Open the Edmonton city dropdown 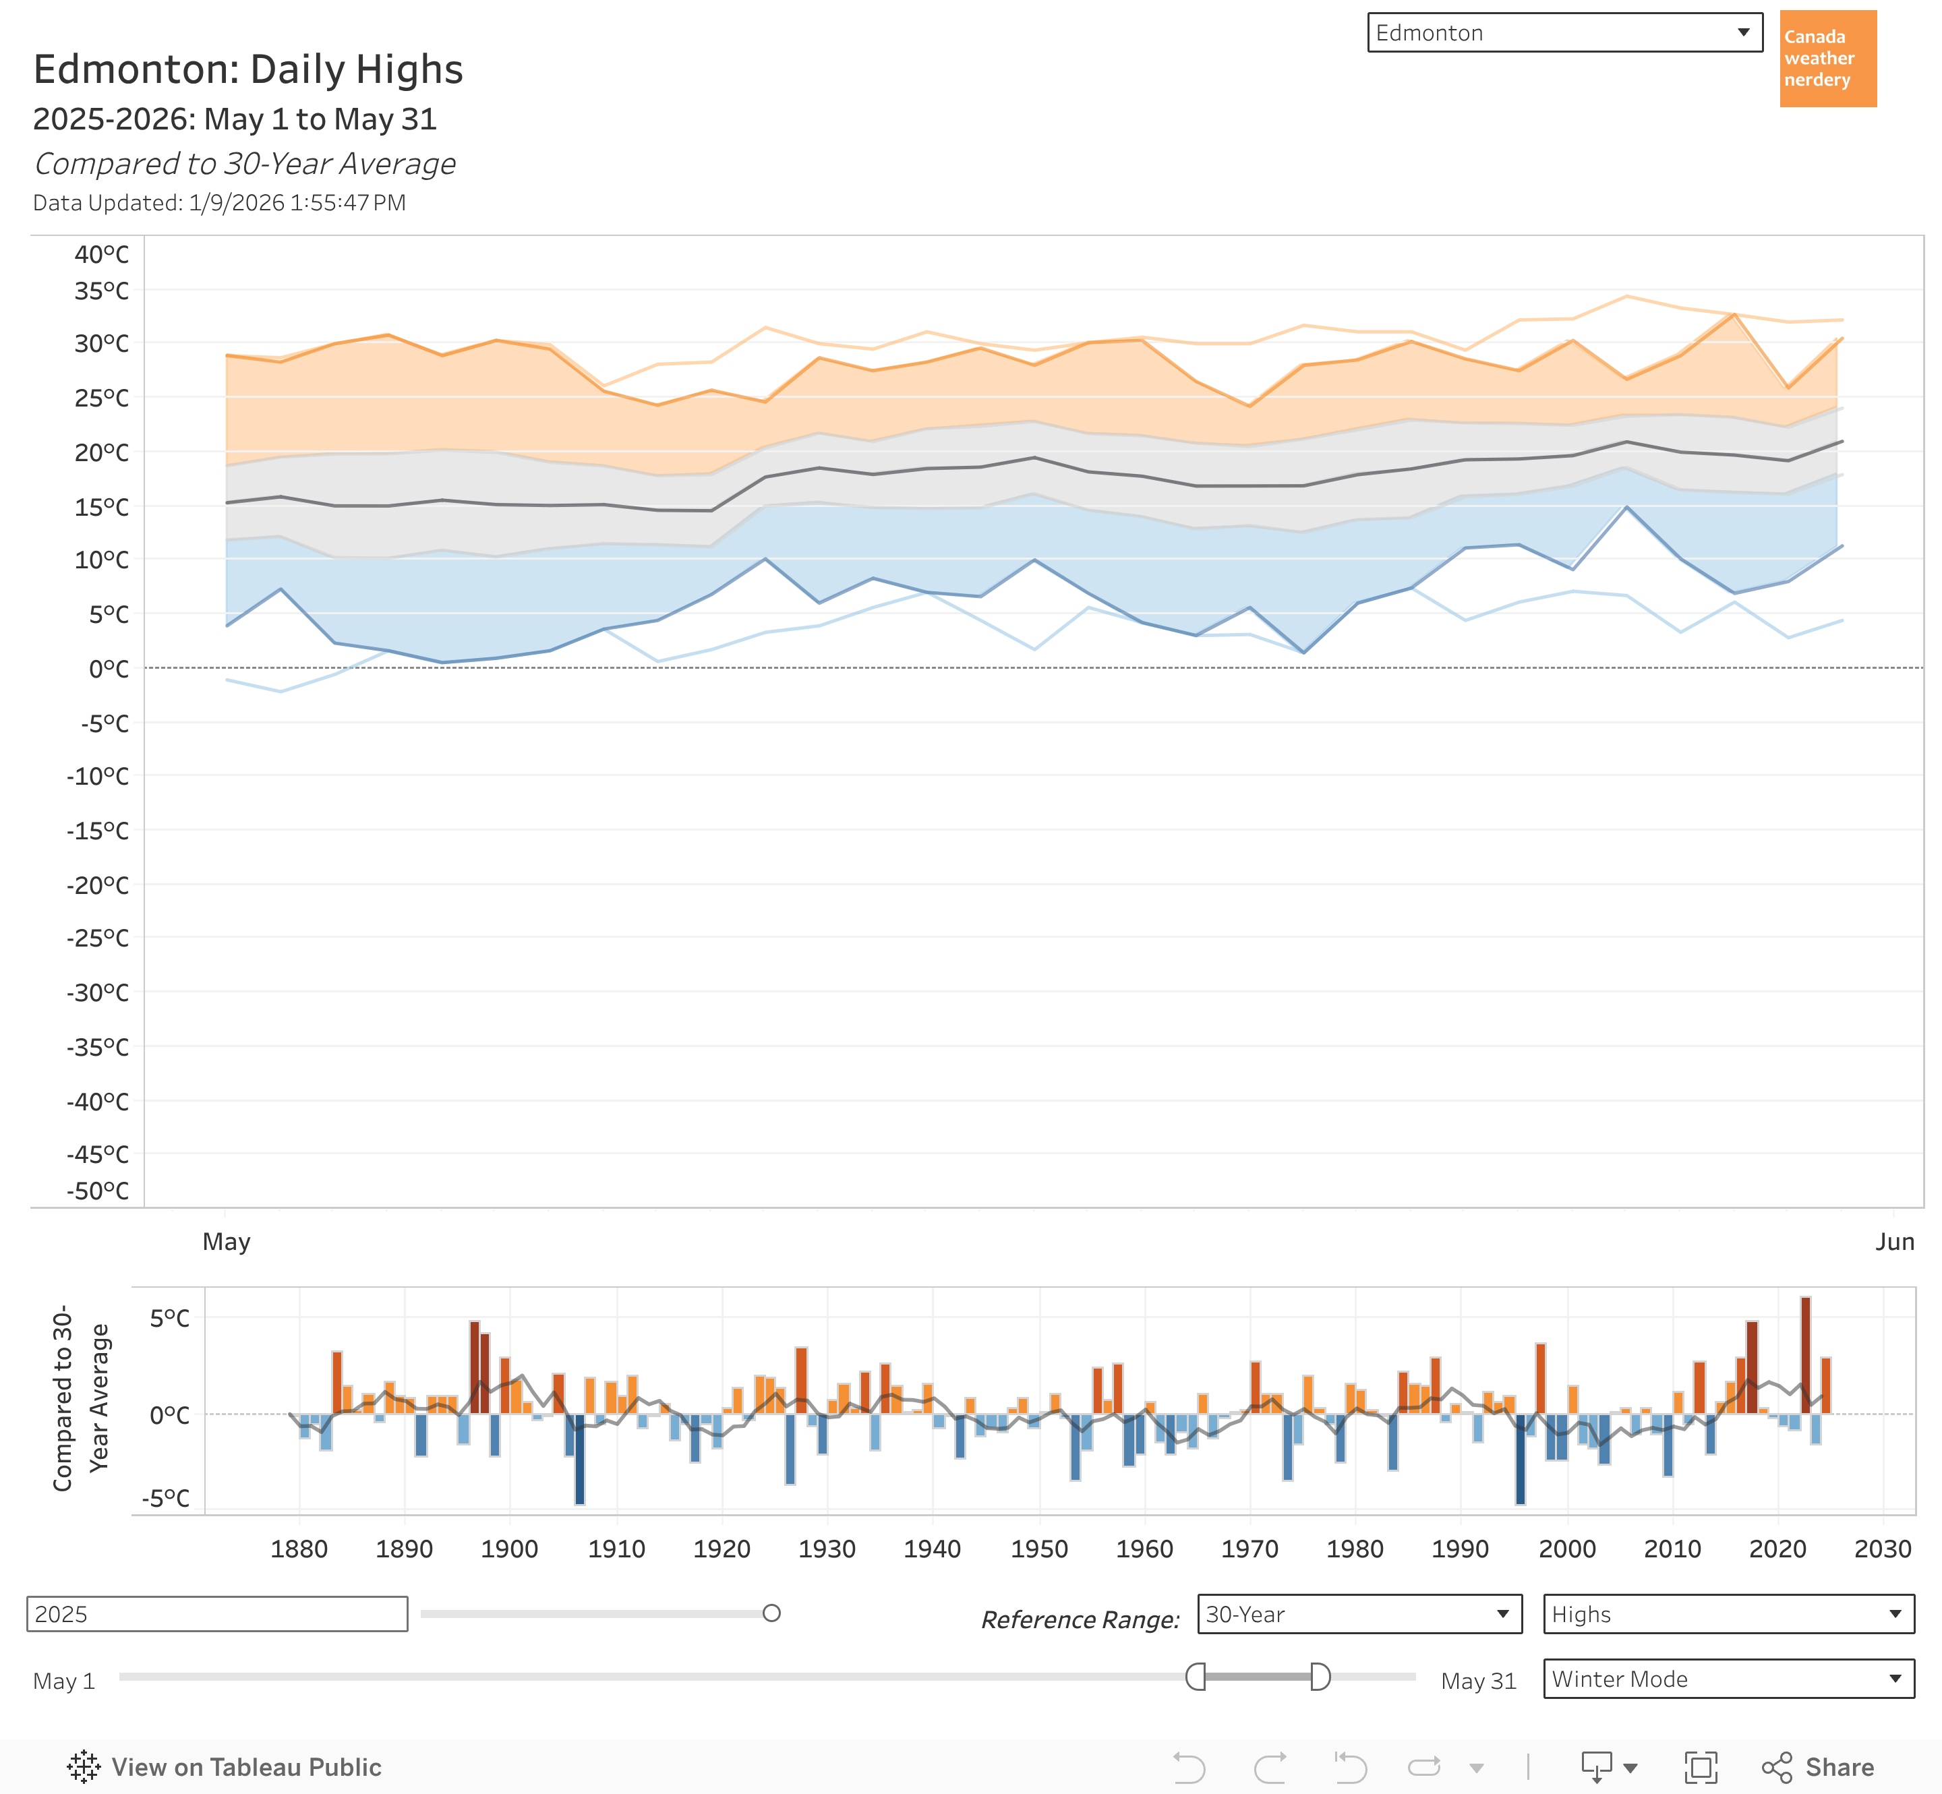click(x=1564, y=33)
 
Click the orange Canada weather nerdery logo click(x=1827, y=58)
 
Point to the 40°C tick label click(x=101, y=254)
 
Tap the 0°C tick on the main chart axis click(x=108, y=669)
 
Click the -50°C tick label click(x=97, y=1191)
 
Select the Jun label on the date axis click(x=1894, y=1242)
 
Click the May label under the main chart click(x=227, y=1242)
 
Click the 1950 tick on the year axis click(x=1039, y=1549)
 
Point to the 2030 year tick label click(x=1883, y=1549)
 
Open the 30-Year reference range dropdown click(x=1359, y=1615)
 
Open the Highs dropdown click(x=1728, y=1615)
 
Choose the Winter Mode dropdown click(x=1728, y=1679)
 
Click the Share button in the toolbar click(x=1819, y=1767)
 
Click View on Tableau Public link click(x=225, y=1767)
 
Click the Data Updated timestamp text click(x=219, y=203)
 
